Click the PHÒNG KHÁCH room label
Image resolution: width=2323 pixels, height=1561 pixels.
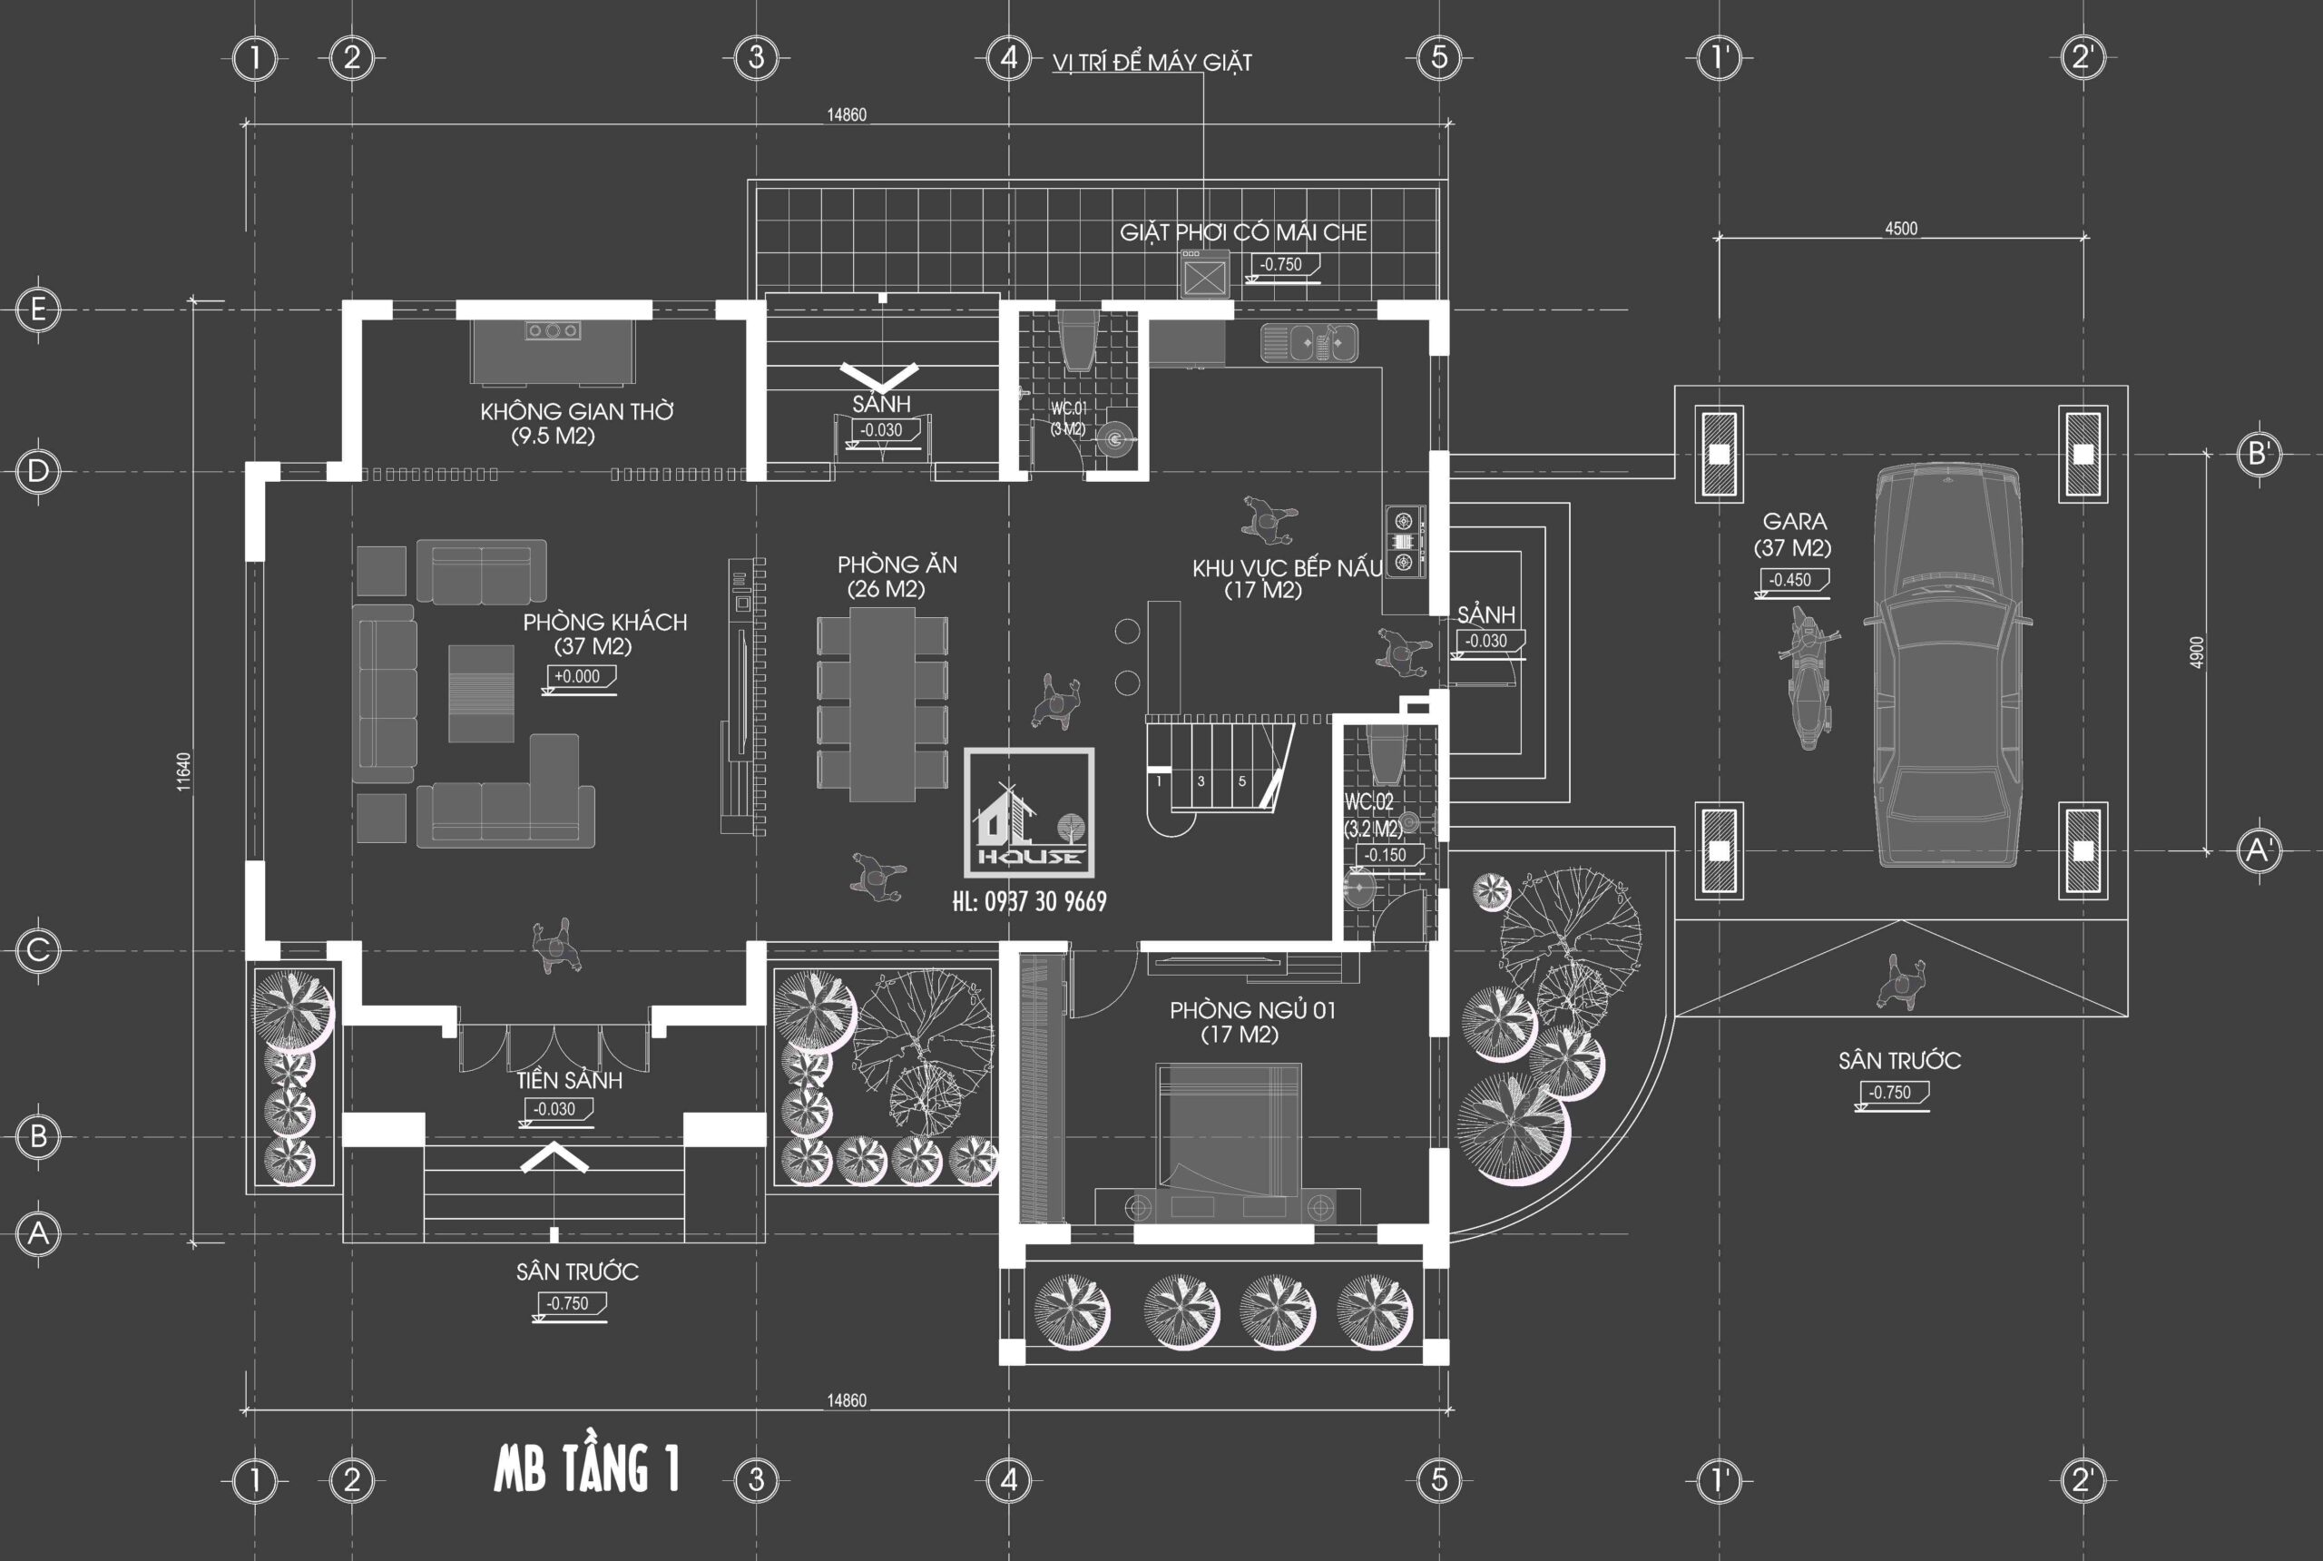[604, 623]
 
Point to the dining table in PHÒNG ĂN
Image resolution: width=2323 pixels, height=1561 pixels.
[882, 704]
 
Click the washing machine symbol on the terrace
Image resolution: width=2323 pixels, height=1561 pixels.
[1204, 275]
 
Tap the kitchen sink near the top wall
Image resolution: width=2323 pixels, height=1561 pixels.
[1309, 343]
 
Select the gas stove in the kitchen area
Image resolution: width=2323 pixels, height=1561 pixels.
[1404, 542]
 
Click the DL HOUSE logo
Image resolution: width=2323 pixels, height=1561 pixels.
[1029, 812]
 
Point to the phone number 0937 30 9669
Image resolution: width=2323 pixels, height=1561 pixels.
[1029, 902]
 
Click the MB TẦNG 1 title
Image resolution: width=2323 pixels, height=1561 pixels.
[586, 1469]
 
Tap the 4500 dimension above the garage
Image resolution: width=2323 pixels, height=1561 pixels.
[1900, 229]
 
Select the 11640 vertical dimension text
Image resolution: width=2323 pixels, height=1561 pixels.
[184, 771]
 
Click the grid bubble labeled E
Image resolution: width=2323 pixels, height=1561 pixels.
[38, 309]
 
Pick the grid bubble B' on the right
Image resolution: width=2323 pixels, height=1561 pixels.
[2258, 454]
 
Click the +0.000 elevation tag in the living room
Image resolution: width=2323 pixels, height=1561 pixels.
[577, 677]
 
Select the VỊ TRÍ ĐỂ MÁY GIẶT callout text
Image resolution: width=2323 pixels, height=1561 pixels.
[1152, 63]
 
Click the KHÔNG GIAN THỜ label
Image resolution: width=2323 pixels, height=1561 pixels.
[576, 411]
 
